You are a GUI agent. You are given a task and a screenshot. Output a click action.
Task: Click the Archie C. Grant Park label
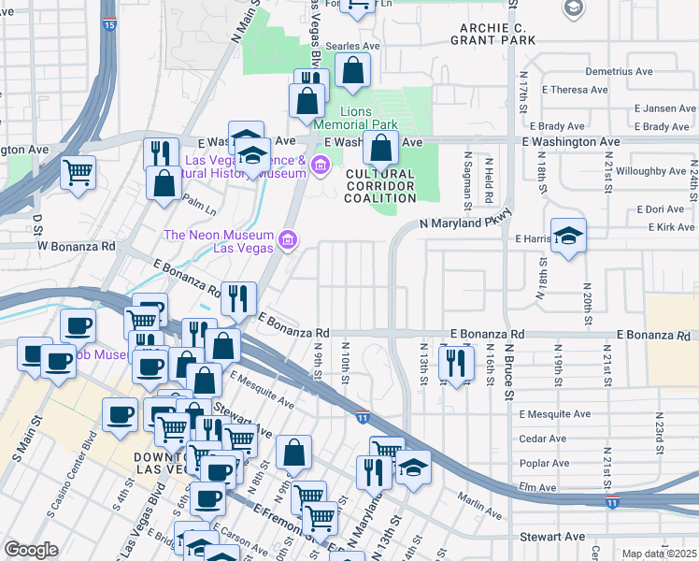(x=492, y=34)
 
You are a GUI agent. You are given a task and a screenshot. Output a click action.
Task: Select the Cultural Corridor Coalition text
(x=380, y=186)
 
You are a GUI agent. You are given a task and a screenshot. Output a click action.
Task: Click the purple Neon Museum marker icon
(x=287, y=241)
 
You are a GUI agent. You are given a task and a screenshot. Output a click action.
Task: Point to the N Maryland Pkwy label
(x=464, y=223)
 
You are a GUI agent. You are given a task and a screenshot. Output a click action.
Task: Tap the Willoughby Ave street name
(x=651, y=171)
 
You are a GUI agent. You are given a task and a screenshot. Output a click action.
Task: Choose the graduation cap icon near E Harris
(x=567, y=236)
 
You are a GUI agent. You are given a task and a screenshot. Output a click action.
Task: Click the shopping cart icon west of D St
(x=78, y=171)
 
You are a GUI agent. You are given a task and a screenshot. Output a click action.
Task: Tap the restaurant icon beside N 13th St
(x=455, y=363)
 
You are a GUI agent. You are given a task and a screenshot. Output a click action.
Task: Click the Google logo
(x=31, y=550)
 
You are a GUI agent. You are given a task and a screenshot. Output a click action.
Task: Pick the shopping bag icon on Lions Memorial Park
(x=380, y=148)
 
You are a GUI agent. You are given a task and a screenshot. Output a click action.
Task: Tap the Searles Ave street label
(x=359, y=45)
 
